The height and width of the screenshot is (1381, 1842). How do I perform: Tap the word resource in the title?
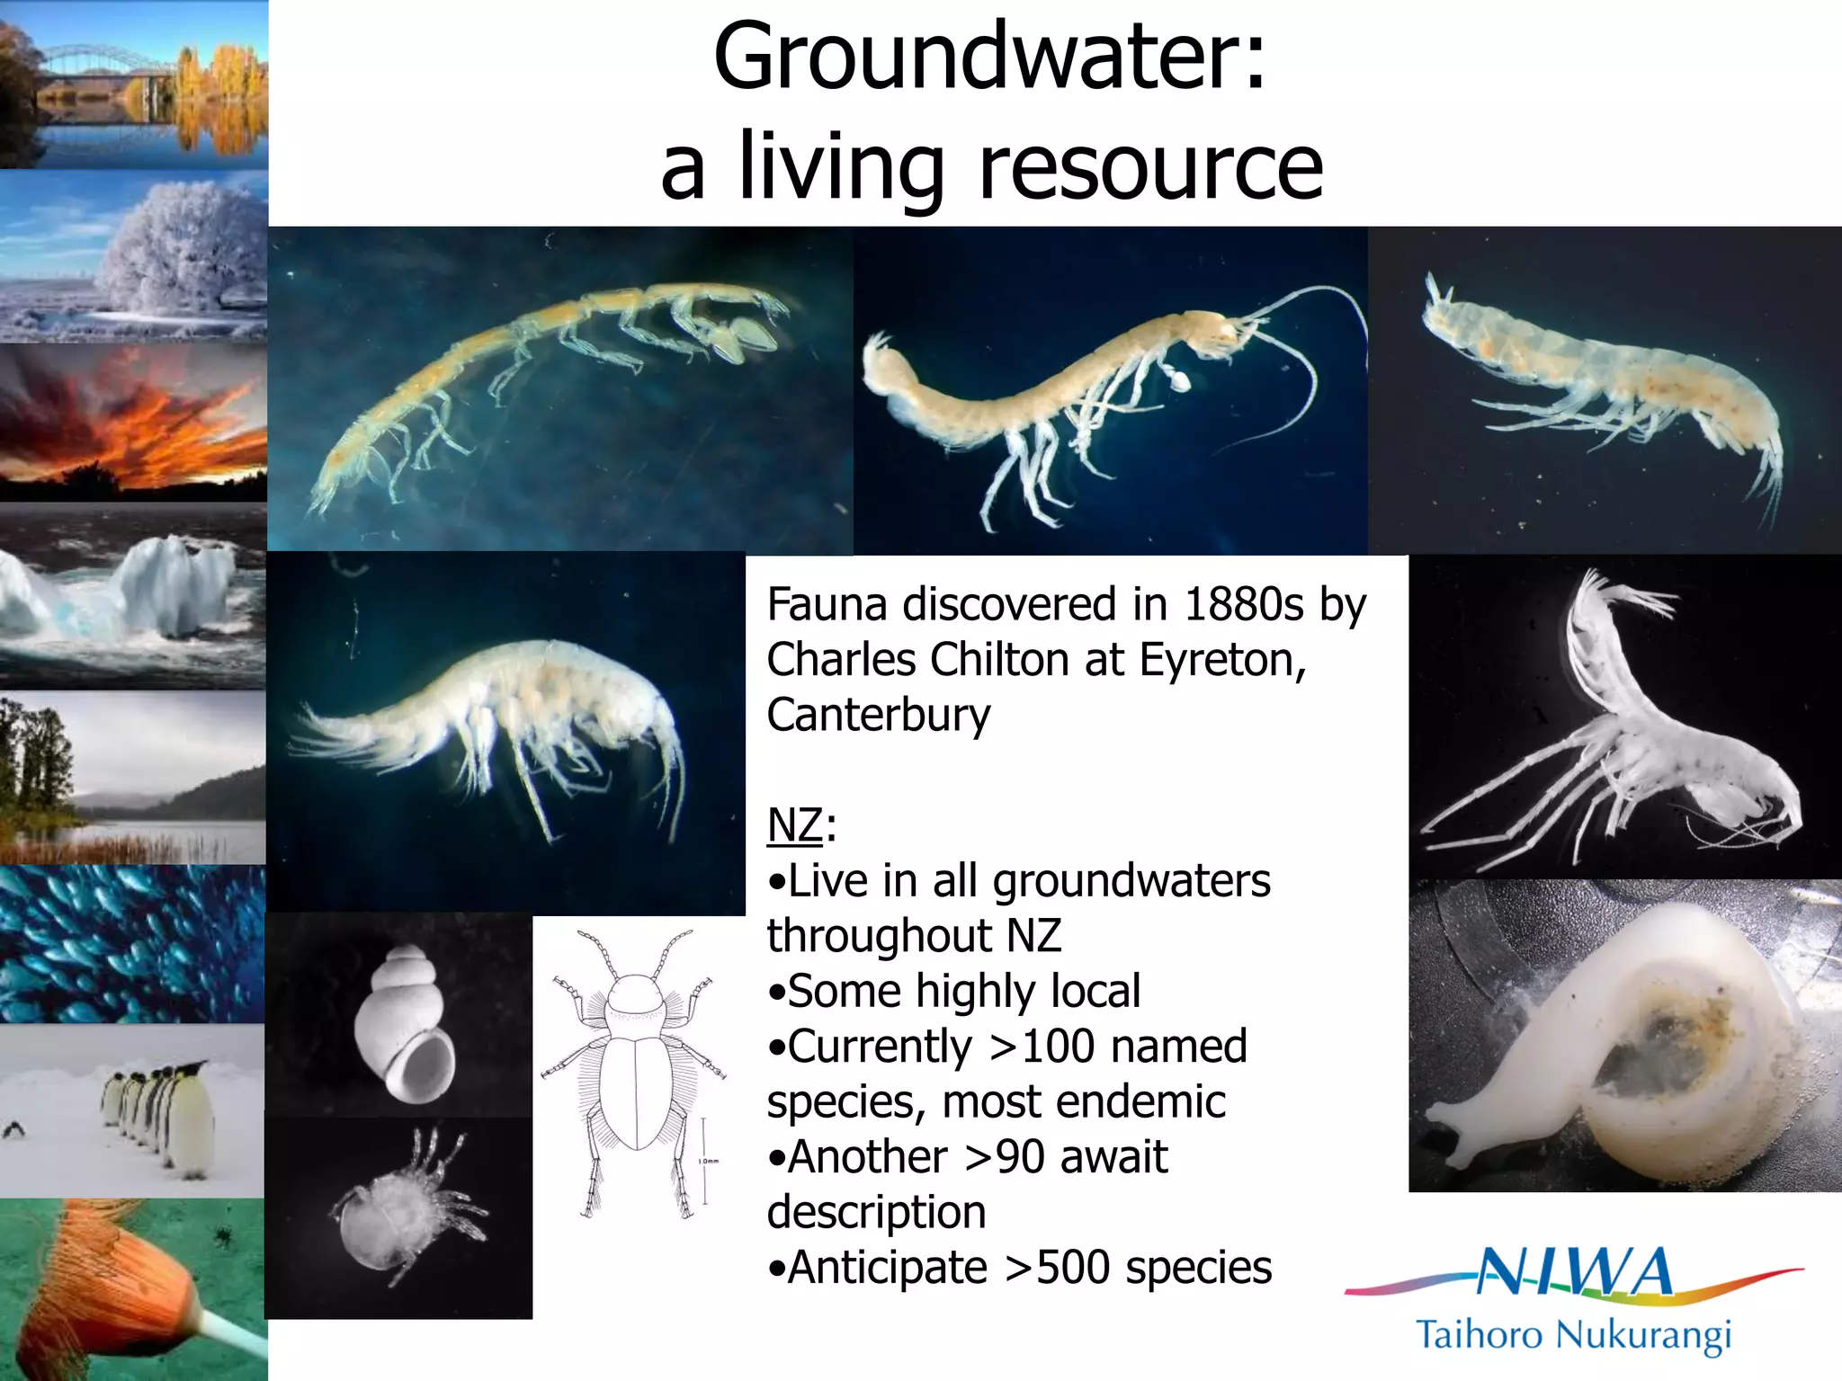tap(1150, 167)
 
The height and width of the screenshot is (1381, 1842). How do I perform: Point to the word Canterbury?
tap(878, 716)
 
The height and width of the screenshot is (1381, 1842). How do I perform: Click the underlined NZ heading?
tap(794, 824)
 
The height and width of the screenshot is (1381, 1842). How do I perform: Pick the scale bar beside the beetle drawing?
tap(704, 1160)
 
